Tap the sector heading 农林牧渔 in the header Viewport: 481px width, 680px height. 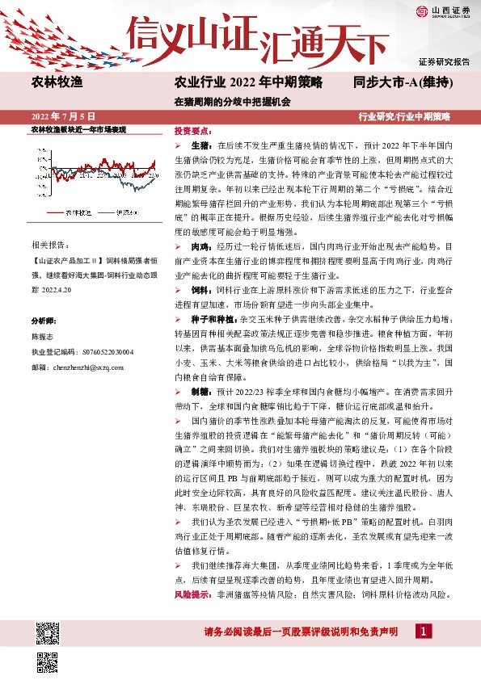pyautogui.click(x=57, y=82)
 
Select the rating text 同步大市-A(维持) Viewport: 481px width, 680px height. pyautogui.click(x=402, y=82)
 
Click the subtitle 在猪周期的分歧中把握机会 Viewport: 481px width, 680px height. pyautogui.click(x=232, y=103)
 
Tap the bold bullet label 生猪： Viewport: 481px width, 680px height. pyautogui.click(x=201, y=143)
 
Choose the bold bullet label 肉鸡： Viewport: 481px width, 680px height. pyautogui.click(x=201, y=221)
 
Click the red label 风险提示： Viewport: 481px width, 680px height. pyautogui.click(x=194, y=594)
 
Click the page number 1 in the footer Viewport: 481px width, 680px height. pyautogui.click(x=421, y=631)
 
